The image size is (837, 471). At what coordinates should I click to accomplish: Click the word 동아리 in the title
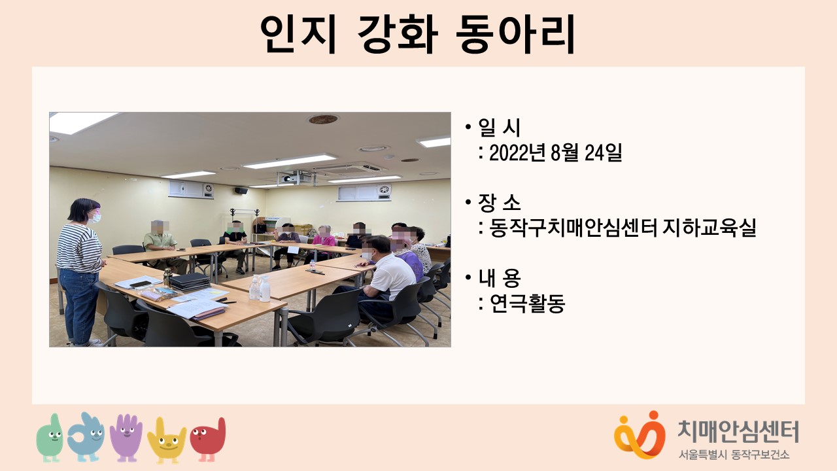click(x=516, y=35)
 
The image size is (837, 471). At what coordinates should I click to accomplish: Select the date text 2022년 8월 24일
click(x=555, y=152)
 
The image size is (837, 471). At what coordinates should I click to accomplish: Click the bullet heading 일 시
click(x=499, y=128)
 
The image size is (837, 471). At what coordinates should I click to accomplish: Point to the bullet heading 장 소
click(x=499, y=203)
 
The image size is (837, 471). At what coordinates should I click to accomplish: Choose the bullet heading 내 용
click(x=499, y=278)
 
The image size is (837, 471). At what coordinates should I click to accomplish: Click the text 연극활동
click(x=527, y=303)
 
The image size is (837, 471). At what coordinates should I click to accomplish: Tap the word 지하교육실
click(x=709, y=228)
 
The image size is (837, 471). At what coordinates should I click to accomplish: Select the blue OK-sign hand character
click(x=86, y=437)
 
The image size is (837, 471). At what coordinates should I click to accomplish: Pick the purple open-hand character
click(x=126, y=438)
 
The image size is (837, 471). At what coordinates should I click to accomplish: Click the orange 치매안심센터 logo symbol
click(x=640, y=435)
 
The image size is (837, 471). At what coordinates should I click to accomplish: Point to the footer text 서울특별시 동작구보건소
click(x=734, y=455)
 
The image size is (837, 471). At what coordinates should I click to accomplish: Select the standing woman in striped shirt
click(x=80, y=271)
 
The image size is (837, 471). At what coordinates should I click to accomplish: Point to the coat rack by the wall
click(x=245, y=221)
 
